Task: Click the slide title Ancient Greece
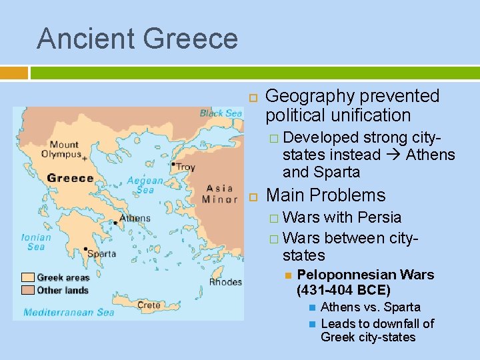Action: coord(137,38)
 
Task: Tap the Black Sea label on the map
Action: coord(221,113)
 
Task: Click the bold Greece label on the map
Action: coord(70,178)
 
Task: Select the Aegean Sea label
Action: coord(145,185)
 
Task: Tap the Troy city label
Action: coord(185,167)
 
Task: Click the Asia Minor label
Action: coord(220,193)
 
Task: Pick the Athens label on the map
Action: coord(135,218)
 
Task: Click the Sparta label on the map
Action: coord(101,253)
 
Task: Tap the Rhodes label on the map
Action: coord(225,282)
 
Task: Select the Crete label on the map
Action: coord(149,305)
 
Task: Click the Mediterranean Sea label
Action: coord(69,312)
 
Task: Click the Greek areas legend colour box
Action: coord(28,277)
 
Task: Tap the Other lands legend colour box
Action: coord(28,289)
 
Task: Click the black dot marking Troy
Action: coord(173,164)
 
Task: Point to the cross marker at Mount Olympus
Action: coord(84,159)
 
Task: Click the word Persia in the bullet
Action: coord(379,217)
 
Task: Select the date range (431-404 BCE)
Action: coord(343,290)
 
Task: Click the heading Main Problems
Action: coord(325,195)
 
